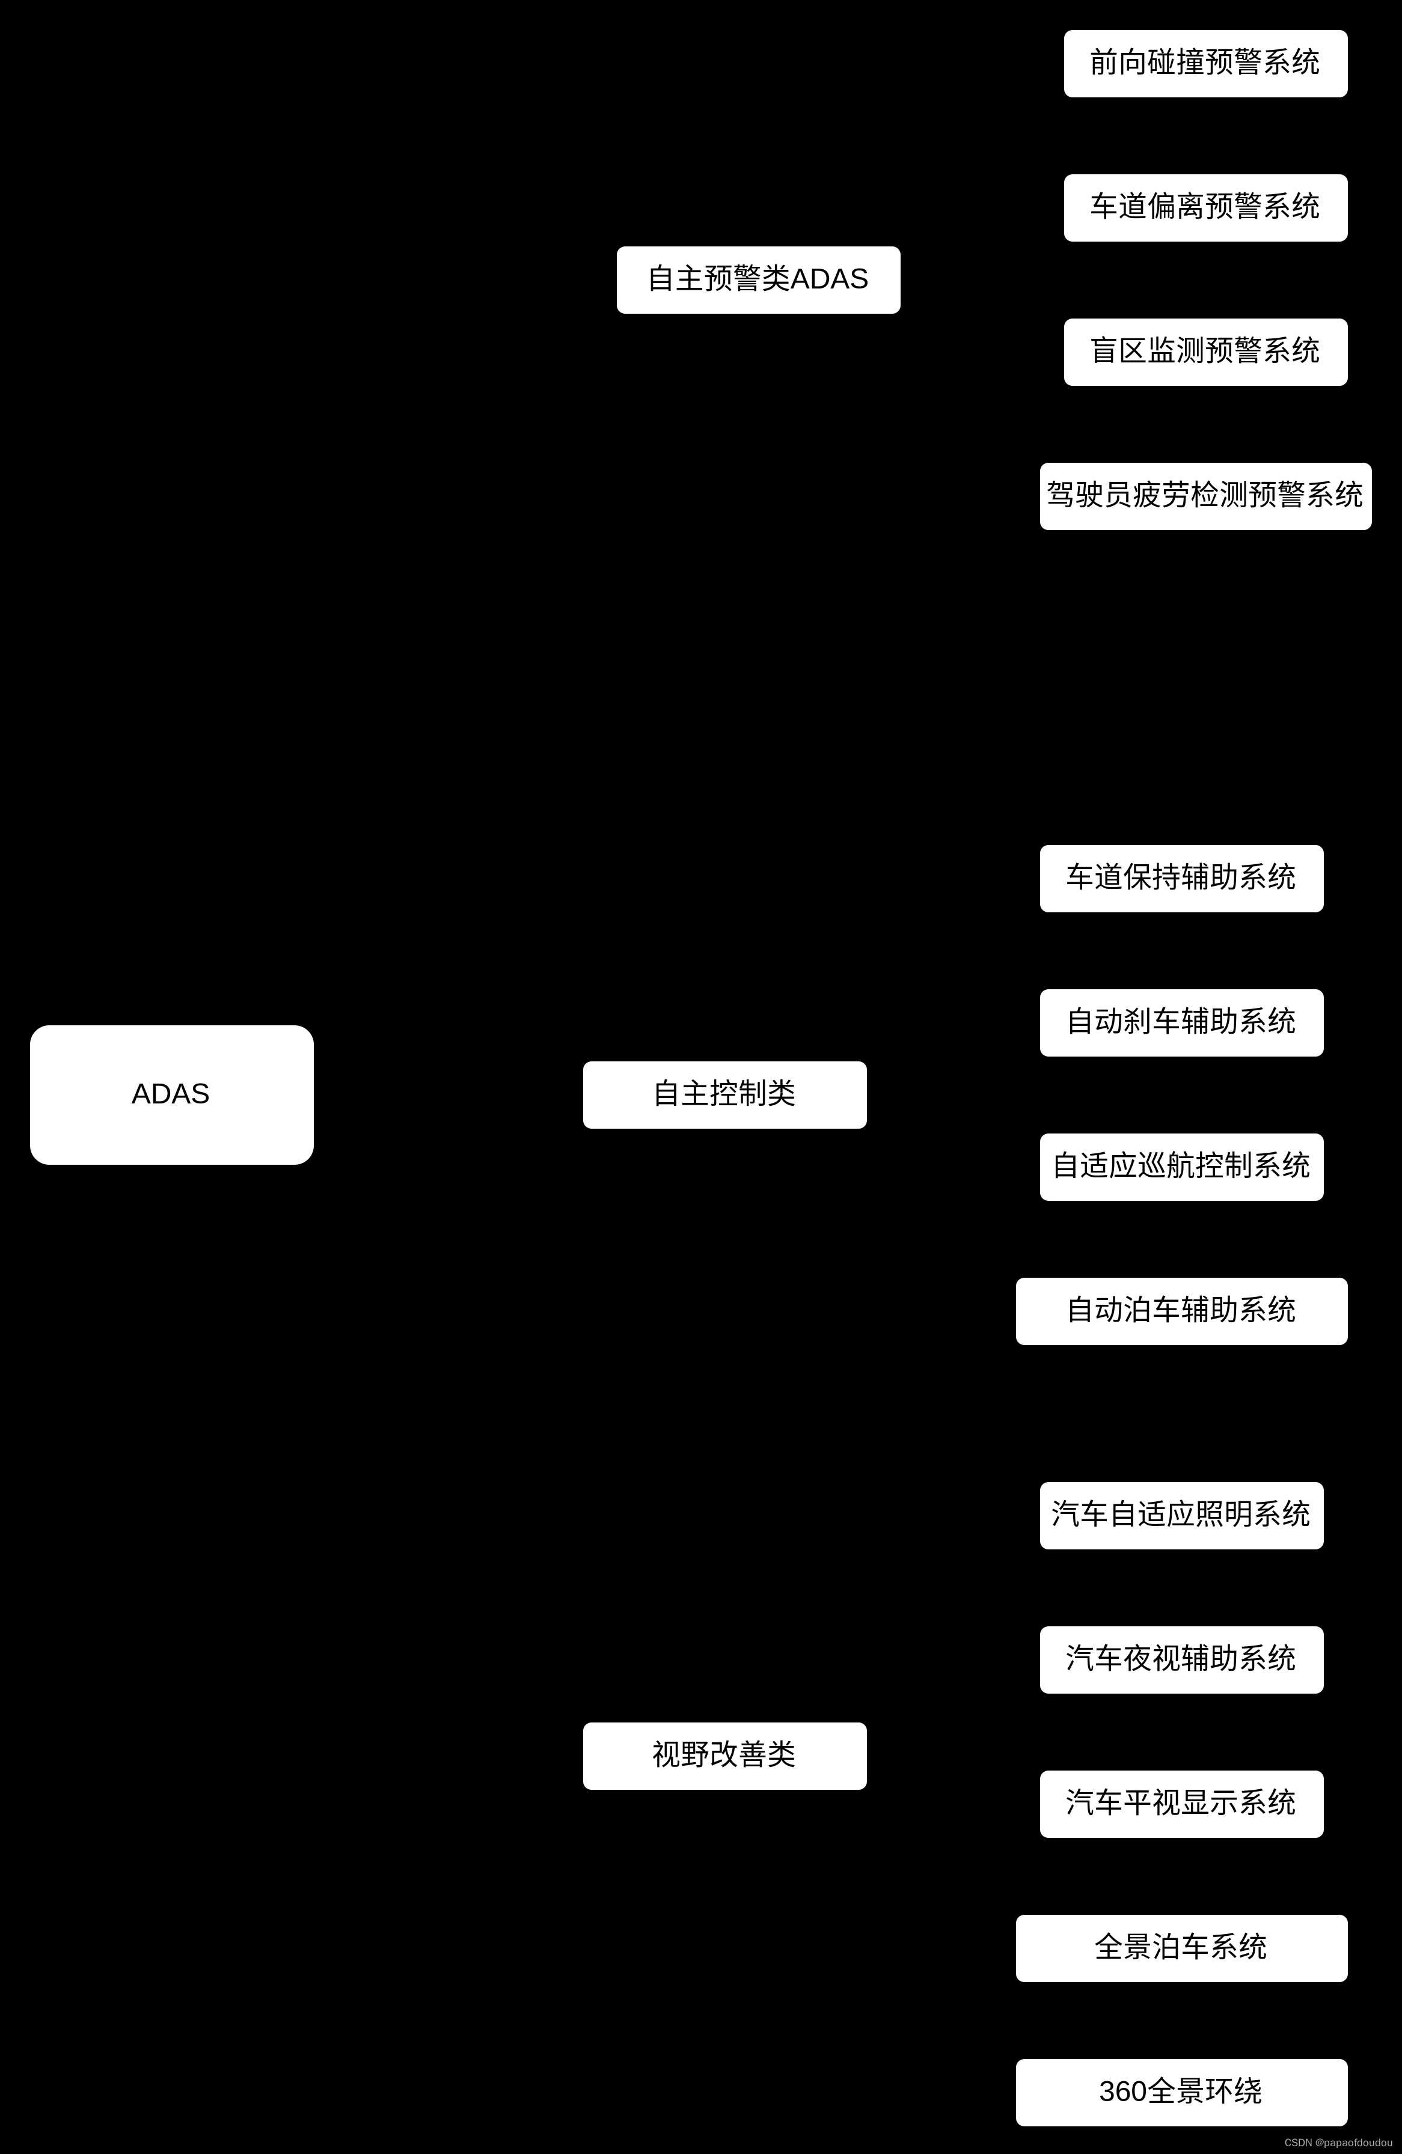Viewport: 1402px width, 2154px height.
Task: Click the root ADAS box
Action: pyautogui.click(x=171, y=1094)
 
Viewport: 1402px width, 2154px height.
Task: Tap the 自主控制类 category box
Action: pyautogui.click(x=724, y=1094)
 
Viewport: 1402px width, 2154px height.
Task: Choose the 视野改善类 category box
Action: pyautogui.click(x=724, y=1755)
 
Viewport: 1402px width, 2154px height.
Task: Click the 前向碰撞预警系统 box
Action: pyautogui.click(x=1205, y=63)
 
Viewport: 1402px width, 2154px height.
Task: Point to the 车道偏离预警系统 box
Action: pyautogui.click(x=1205, y=207)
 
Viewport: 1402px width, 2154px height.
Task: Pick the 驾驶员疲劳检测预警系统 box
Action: pyautogui.click(x=1205, y=496)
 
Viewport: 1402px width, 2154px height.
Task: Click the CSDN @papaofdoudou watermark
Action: pyautogui.click(x=1338, y=2142)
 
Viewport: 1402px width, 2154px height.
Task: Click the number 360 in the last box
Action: pyautogui.click(x=1122, y=2091)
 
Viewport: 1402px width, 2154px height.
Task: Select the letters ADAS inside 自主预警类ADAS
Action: pyautogui.click(x=829, y=279)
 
